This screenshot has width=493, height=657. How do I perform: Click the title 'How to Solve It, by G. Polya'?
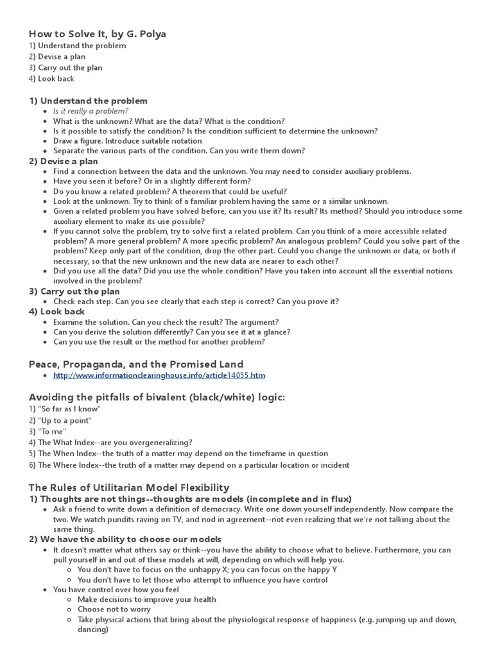(x=97, y=34)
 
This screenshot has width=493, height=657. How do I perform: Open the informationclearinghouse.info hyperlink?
(x=159, y=375)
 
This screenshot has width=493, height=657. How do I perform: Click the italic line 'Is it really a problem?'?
(x=91, y=111)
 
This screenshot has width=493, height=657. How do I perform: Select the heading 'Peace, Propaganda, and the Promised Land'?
(x=126, y=364)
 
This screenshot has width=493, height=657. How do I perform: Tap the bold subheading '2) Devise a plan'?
(x=64, y=161)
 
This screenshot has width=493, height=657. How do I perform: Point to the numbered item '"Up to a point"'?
(x=65, y=420)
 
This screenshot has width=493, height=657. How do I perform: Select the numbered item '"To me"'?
(x=52, y=431)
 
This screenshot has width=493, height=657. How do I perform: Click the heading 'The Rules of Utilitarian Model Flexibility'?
(x=128, y=488)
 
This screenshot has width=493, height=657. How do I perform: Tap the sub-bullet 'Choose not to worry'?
(x=114, y=609)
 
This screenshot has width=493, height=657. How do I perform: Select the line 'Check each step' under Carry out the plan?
(x=196, y=302)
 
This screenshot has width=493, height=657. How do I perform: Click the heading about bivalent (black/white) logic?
(x=157, y=397)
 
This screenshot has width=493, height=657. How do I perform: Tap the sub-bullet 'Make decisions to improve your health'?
(x=147, y=599)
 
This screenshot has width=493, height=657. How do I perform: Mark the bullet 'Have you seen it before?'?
(x=151, y=181)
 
